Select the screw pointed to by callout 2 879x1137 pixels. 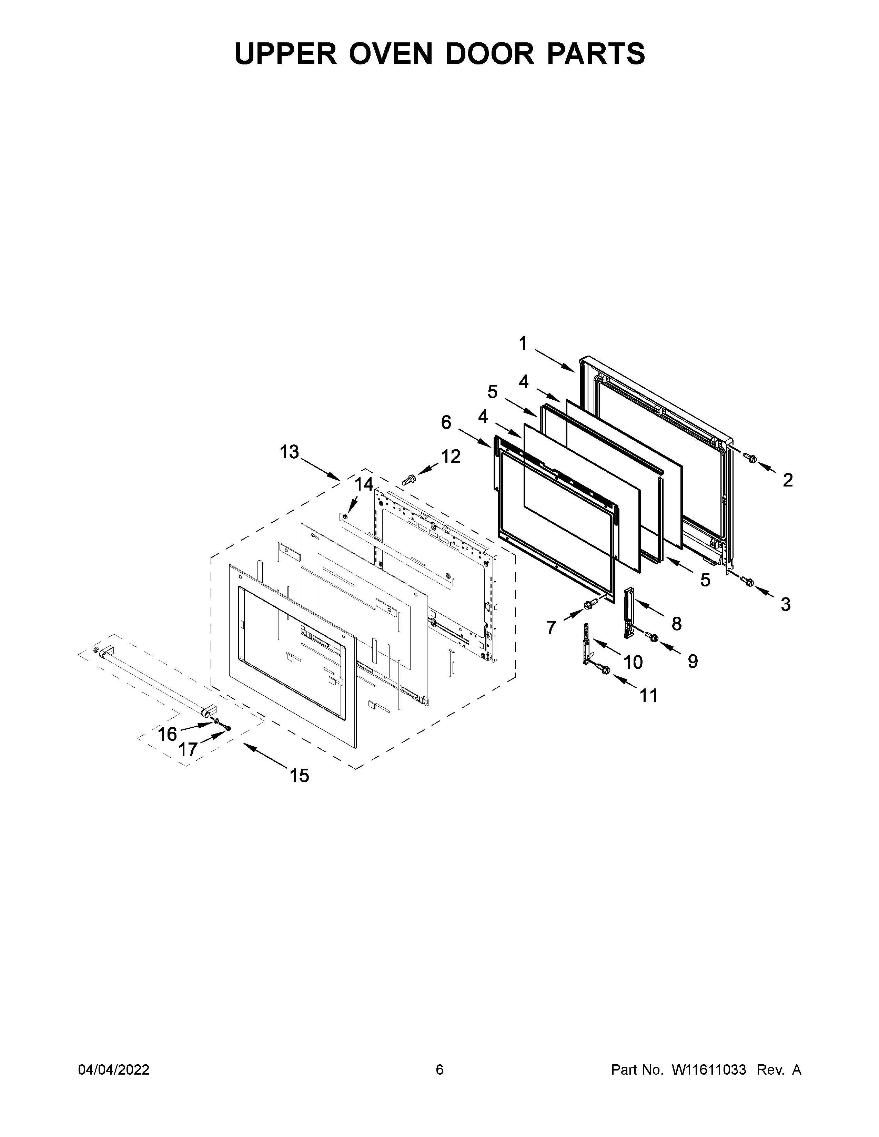coord(750,458)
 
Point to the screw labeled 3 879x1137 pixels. coord(747,581)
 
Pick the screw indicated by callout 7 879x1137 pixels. coord(589,604)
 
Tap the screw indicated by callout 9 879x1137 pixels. coord(652,636)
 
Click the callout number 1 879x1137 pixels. coord(523,344)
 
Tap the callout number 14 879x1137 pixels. coord(364,484)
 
